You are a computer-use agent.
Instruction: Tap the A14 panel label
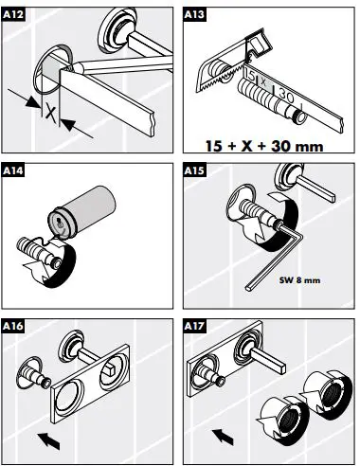(15, 173)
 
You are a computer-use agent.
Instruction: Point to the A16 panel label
(15, 327)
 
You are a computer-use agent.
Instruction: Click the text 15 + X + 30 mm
(268, 146)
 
